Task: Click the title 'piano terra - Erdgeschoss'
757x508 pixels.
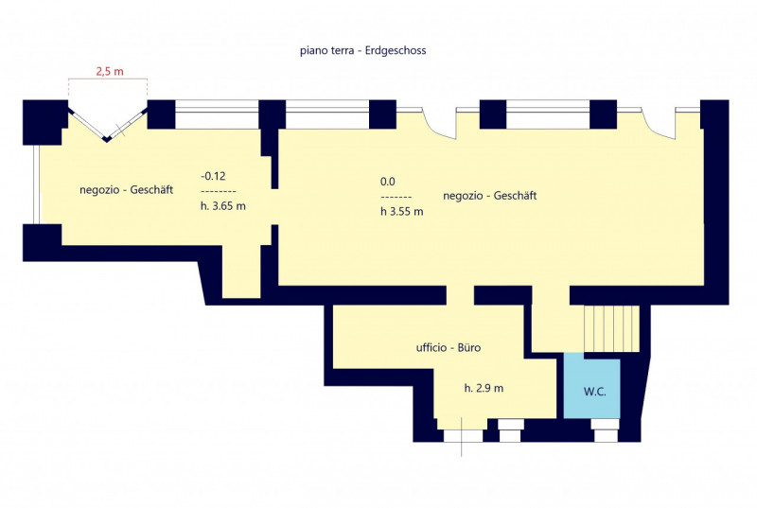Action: (x=363, y=51)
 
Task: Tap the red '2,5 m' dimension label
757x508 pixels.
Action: (x=110, y=71)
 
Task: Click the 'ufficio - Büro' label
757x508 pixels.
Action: (x=449, y=348)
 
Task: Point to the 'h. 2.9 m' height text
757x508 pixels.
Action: (x=484, y=388)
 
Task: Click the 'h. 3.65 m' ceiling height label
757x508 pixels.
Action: (x=223, y=206)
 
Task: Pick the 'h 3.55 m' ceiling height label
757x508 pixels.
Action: (x=401, y=211)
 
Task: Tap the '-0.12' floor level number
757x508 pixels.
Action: (x=213, y=176)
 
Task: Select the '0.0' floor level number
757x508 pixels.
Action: (x=388, y=182)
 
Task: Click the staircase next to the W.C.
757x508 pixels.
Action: (x=611, y=328)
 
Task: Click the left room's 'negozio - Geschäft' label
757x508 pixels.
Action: (x=126, y=189)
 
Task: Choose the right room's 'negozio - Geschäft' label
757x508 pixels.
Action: (x=489, y=196)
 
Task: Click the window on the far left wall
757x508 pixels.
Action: (x=37, y=184)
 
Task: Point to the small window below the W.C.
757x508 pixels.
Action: (x=606, y=430)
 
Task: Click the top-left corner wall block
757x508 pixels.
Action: (x=44, y=122)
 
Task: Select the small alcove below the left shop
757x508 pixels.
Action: (x=241, y=272)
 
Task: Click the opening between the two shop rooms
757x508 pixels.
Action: (x=274, y=206)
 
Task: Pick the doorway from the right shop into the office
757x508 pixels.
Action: (x=460, y=295)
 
